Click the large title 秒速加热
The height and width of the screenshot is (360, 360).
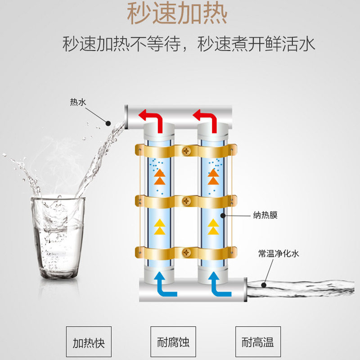177,14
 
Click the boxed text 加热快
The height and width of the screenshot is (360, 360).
89,342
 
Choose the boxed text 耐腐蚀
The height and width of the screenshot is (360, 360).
174,342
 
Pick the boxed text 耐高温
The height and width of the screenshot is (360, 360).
258,342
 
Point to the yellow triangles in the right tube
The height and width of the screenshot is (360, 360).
213,227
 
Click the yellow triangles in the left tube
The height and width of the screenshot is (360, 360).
159,227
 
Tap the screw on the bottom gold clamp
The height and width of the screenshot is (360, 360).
187,253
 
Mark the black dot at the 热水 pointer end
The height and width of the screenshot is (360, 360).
108,122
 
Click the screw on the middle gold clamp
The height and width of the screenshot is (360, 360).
187,200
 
